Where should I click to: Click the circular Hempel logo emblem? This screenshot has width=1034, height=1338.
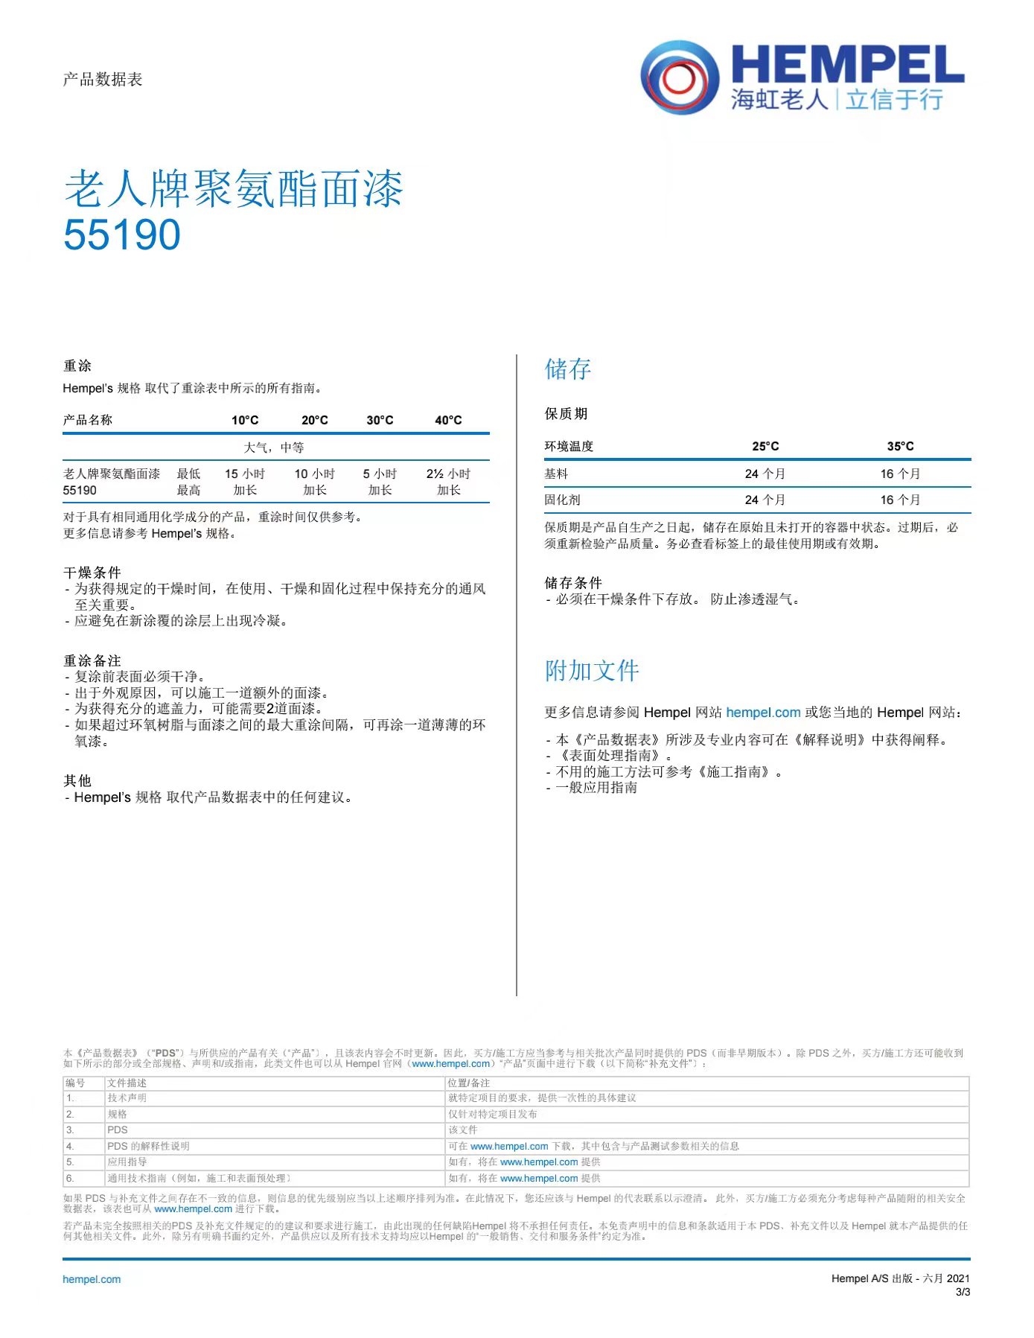tap(680, 77)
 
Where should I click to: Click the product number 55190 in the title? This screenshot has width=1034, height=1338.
tap(122, 235)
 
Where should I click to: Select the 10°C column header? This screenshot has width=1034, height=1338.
tap(245, 420)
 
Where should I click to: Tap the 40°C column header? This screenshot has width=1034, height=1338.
tap(448, 420)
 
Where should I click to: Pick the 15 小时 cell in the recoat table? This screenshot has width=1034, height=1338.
tap(245, 474)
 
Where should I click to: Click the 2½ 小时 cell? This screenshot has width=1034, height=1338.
tap(448, 474)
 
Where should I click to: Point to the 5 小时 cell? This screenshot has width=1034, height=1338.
tap(380, 474)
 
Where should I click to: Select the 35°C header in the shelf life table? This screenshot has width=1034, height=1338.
tap(900, 446)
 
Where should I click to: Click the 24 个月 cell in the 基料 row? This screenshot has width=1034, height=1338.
tap(765, 474)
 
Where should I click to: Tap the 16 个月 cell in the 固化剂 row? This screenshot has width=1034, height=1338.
tap(900, 500)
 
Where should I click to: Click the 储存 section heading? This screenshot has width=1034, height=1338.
tap(568, 369)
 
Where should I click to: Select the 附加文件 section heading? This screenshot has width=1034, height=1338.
tap(592, 671)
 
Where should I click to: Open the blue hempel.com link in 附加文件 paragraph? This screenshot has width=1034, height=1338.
tap(763, 713)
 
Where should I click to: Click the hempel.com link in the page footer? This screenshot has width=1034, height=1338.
tap(92, 1279)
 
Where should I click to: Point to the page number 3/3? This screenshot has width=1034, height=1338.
tap(963, 1292)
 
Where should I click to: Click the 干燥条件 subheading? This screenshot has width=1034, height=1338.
tap(92, 573)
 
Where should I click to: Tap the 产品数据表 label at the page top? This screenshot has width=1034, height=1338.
tap(103, 80)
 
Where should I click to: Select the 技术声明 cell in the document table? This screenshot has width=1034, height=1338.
tap(127, 1098)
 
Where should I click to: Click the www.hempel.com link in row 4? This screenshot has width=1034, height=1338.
tap(509, 1147)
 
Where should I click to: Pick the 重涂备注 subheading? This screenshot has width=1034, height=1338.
tap(92, 660)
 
